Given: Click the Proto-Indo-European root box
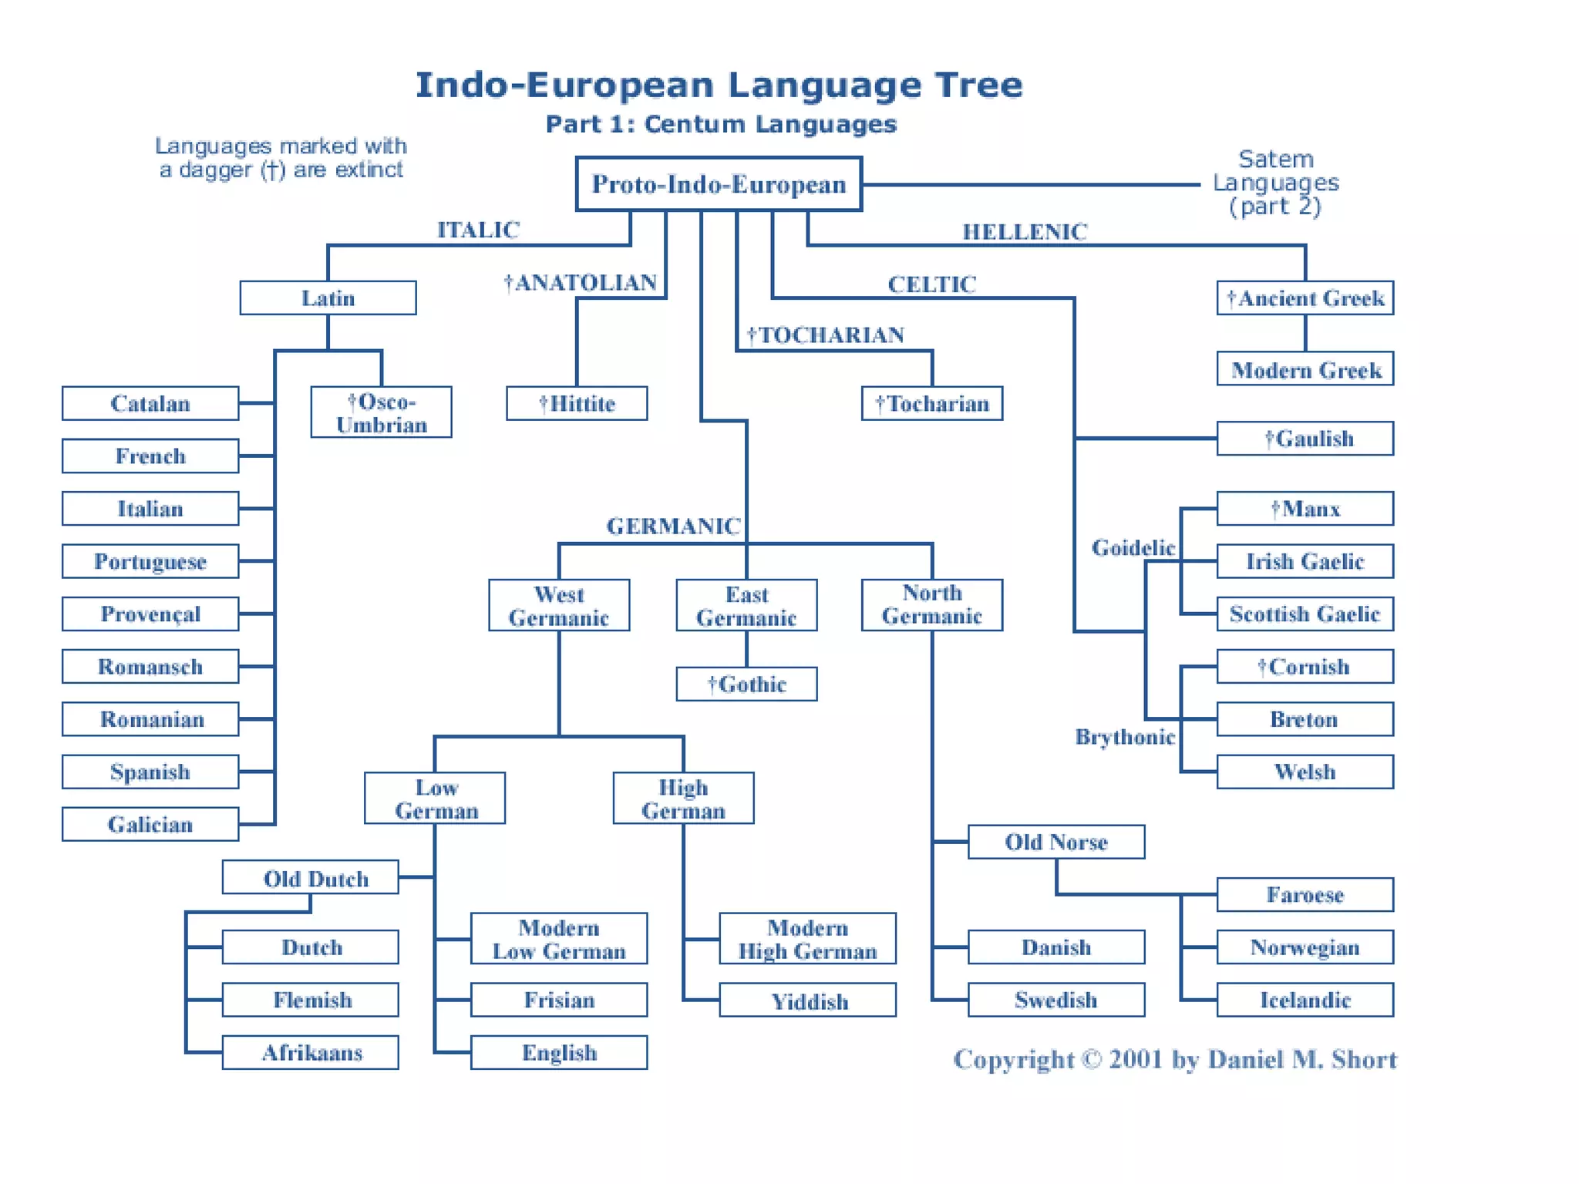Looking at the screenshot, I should pos(719,183).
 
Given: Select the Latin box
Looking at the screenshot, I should pos(328,298).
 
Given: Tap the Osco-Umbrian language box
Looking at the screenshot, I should pos(381,412).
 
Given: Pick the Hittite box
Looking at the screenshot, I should pos(577,403).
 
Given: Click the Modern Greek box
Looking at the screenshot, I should pos(1305,369).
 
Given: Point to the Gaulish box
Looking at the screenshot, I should pos(1305,438).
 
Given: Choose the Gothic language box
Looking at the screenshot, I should pos(746,684).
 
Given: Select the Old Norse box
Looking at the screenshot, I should pos(1056,842).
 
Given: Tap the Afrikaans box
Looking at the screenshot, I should pos(311,1052).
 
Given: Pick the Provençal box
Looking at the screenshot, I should pos(150,614).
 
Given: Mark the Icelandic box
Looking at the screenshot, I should pos(1305,1000).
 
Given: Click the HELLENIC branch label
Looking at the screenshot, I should pos(1025,231).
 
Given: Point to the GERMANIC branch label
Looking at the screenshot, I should pos(673,526).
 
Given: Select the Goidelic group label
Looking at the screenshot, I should pos(1133,547).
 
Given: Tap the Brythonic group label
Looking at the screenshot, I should pos(1125,737).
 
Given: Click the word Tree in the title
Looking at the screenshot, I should pos(978,85).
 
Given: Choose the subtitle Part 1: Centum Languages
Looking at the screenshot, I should pos(721,124).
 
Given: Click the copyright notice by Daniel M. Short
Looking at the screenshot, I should pos(1174,1059).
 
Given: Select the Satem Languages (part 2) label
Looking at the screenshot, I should pos(1276,183).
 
